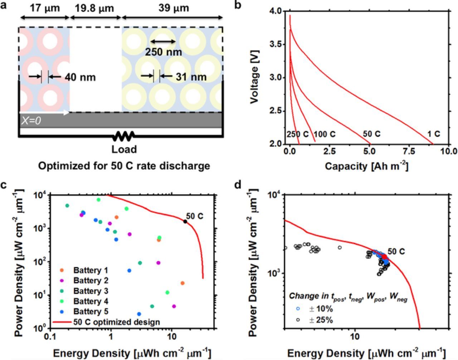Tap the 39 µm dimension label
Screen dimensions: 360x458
[x=174, y=8]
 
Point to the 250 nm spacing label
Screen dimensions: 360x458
[x=163, y=52]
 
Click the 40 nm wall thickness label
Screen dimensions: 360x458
[x=80, y=77]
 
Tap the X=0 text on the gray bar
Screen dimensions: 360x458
[x=31, y=121]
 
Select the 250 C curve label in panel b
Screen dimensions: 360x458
[x=297, y=134]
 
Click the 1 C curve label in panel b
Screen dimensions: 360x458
[x=433, y=134]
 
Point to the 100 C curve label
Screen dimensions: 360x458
[x=325, y=134]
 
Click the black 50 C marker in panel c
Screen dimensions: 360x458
[x=185, y=222]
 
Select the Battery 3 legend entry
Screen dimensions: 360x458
[x=91, y=291]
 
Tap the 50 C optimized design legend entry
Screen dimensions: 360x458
[x=117, y=322]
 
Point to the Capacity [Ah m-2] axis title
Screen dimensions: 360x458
[x=366, y=166]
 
